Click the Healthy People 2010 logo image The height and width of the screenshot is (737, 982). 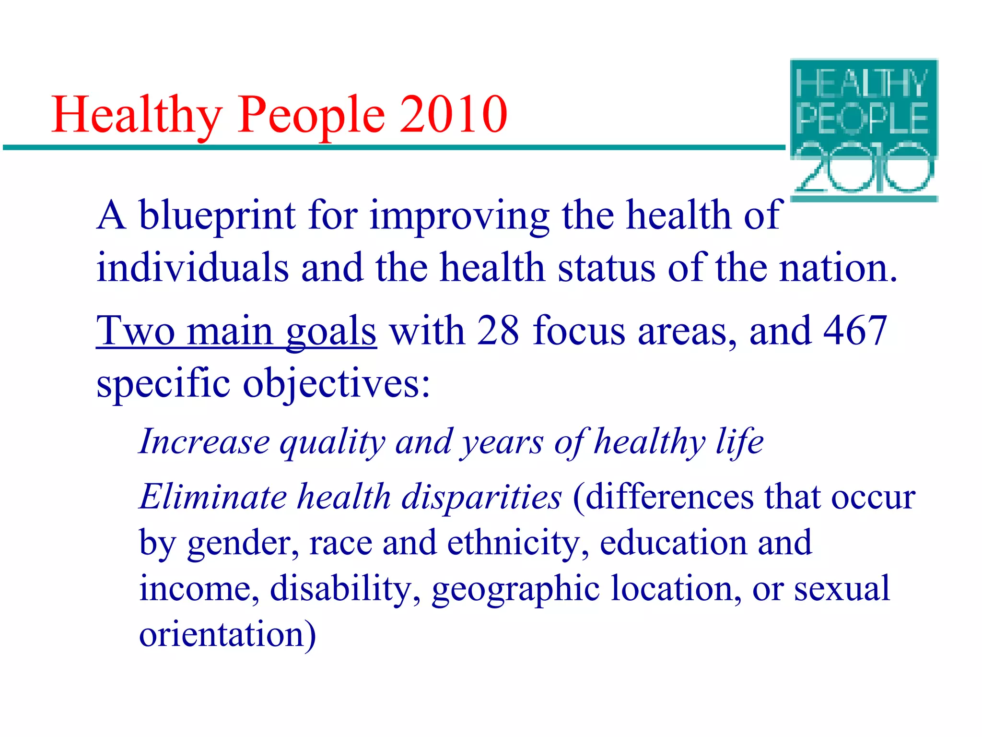click(864, 130)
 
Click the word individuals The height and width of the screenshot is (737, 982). click(193, 267)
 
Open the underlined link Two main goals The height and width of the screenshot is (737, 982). click(236, 331)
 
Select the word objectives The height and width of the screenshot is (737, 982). click(336, 384)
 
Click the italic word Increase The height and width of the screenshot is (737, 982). click(205, 441)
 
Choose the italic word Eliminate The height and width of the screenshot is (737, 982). click(213, 496)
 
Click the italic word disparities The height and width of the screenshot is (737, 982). click(481, 497)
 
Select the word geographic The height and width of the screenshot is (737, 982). click(515, 590)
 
